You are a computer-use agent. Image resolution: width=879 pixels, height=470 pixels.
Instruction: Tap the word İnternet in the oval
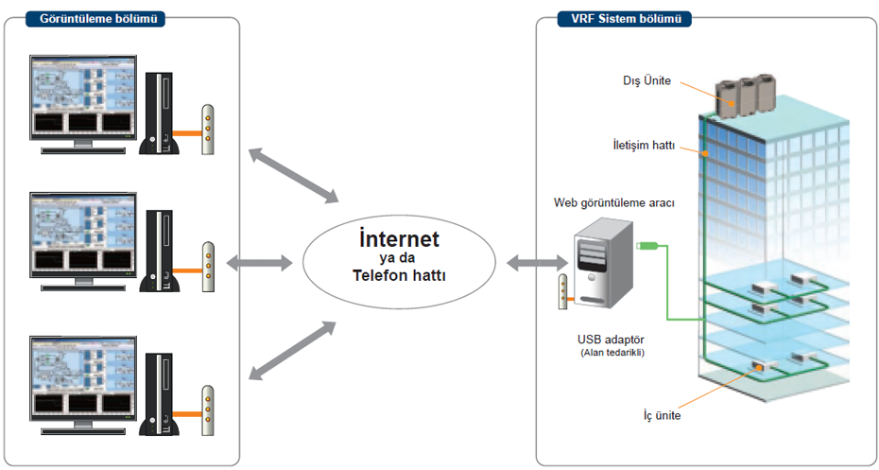coord(399,237)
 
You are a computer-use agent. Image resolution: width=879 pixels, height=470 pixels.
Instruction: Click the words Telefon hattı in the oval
coord(399,276)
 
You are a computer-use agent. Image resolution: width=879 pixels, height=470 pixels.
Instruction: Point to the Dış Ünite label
coord(648,81)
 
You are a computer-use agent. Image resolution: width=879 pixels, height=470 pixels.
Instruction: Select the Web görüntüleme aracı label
coord(614,202)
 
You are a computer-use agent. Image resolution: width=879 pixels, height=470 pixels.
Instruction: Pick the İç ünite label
coord(658,414)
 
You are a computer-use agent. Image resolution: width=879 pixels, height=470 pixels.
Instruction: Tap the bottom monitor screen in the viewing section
coord(82,377)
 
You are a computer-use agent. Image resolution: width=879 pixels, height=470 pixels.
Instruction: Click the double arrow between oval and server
coord(534,263)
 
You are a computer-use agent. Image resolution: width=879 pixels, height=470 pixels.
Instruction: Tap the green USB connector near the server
coord(647,248)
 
